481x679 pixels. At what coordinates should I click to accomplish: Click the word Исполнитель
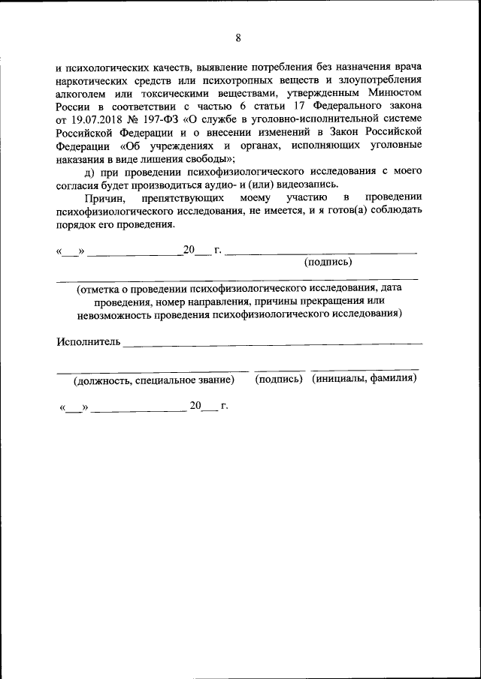(88, 343)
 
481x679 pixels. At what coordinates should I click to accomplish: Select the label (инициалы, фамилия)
(365, 379)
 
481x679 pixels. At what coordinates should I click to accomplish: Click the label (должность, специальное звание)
(154, 380)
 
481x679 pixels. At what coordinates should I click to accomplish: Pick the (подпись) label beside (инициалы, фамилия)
(280, 379)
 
